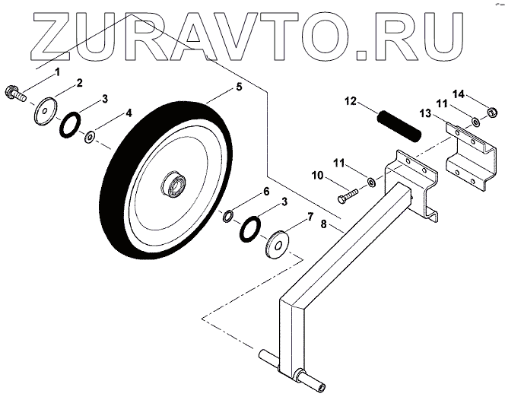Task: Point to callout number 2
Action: pos(79,81)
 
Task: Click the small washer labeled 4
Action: pos(89,137)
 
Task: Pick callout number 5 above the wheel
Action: pos(239,87)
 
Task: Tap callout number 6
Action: pos(265,192)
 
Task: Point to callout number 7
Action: pos(310,217)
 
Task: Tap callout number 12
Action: pos(350,100)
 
